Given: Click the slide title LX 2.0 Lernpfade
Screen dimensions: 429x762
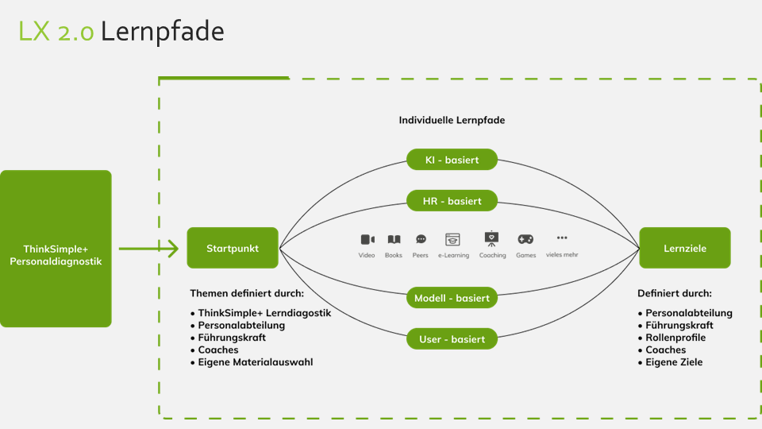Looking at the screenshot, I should click(x=121, y=31).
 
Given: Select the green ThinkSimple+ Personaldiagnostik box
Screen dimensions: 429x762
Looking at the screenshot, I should click(x=56, y=249).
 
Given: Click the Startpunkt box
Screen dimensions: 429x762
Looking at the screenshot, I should click(x=233, y=248).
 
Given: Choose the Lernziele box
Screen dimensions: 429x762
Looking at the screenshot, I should click(x=685, y=248).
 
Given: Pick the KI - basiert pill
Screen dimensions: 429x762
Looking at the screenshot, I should click(x=452, y=160).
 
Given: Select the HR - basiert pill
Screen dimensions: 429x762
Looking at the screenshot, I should click(x=452, y=201).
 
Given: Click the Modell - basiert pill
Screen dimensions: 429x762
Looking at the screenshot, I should click(x=452, y=298).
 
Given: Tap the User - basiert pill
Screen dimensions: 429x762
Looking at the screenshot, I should click(x=452, y=339).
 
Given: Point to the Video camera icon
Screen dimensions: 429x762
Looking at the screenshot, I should click(x=367, y=239).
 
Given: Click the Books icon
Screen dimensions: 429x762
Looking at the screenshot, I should click(x=394, y=239).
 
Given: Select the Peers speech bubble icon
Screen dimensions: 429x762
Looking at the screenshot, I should click(x=421, y=239).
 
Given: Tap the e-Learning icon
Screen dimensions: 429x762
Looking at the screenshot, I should click(x=453, y=239).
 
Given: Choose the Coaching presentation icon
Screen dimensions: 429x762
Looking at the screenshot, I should click(x=492, y=238).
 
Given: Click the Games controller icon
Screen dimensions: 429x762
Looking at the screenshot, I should click(x=525, y=239).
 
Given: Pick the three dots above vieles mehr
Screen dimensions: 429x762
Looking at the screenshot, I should click(x=562, y=238).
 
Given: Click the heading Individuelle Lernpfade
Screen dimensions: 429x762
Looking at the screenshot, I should click(x=452, y=121).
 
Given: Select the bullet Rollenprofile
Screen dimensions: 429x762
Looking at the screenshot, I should click(x=675, y=338).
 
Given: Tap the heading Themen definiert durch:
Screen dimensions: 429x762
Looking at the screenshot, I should click(x=247, y=293).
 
